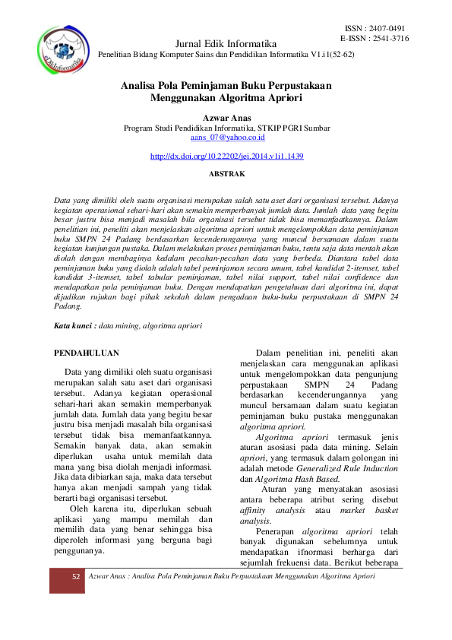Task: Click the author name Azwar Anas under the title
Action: click(226, 118)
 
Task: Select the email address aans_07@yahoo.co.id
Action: click(226, 138)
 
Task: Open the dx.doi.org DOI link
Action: click(226, 156)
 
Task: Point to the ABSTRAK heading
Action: click(226, 174)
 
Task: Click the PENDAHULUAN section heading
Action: click(88, 353)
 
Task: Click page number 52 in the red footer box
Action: click(76, 577)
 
